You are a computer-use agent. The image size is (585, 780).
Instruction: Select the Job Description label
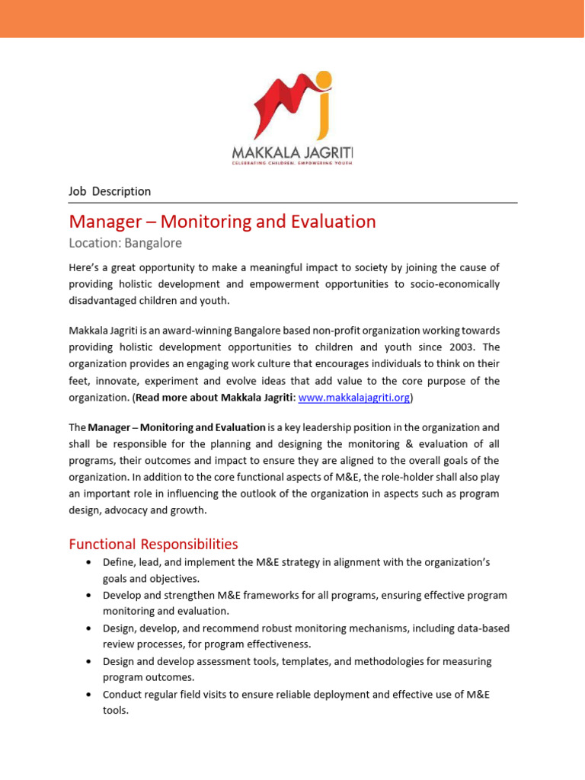click(x=110, y=191)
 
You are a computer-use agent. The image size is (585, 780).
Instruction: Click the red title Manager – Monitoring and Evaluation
click(x=222, y=222)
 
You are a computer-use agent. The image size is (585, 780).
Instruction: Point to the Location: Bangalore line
click(x=125, y=244)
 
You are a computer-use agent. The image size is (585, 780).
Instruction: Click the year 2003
click(x=437, y=347)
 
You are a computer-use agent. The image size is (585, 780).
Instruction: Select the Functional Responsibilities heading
click(x=153, y=544)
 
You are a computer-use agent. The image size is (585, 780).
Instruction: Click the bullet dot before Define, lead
click(x=91, y=562)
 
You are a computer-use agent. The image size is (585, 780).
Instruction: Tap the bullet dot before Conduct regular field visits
click(x=91, y=695)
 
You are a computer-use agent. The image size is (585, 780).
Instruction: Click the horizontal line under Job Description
click(x=292, y=203)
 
